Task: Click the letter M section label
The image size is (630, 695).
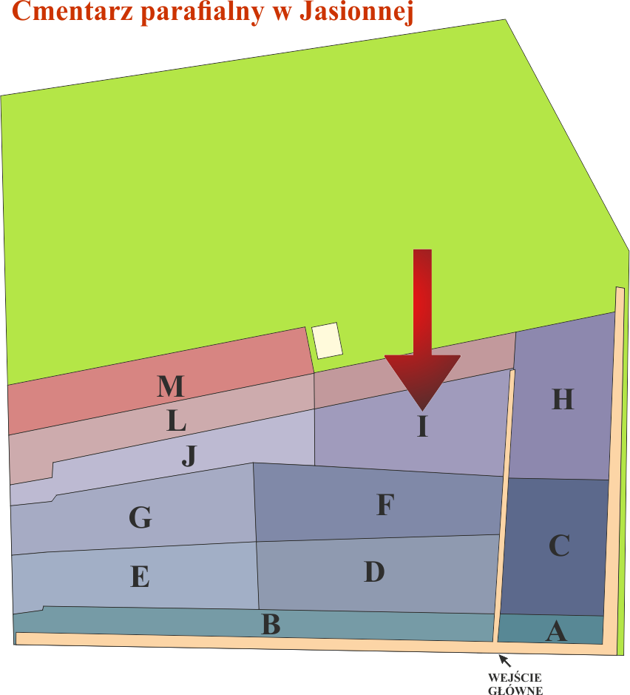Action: point(171,386)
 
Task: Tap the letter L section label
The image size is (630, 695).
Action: point(176,420)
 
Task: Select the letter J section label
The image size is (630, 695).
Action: point(189,456)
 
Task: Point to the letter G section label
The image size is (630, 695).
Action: point(140,517)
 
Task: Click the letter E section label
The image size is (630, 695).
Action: point(140,577)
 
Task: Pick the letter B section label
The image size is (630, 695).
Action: point(271,624)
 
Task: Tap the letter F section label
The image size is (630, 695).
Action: point(385,504)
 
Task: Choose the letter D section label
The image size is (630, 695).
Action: point(375,571)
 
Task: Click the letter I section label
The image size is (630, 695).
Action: point(422,426)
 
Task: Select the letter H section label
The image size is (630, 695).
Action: point(563,398)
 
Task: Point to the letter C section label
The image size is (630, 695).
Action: point(559,545)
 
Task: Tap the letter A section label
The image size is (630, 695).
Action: point(556,631)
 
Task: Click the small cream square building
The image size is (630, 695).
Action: point(327,340)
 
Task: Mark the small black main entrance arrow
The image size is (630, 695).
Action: point(505,660)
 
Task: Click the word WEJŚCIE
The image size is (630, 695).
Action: point(515,678)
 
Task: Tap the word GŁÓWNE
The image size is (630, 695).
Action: point(515,690)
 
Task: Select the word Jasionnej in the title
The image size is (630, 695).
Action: point(356,12)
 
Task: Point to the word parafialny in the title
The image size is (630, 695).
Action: point(203,12)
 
